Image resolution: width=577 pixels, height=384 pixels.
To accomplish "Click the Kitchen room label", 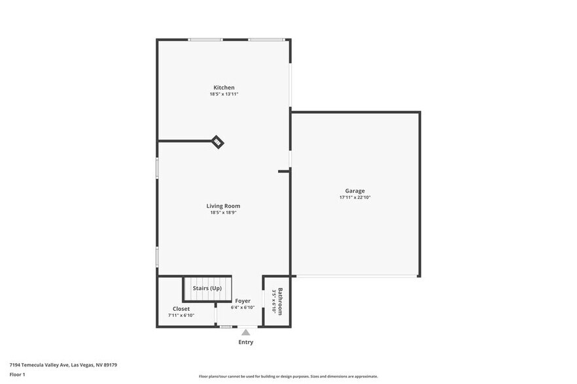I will [224, 88].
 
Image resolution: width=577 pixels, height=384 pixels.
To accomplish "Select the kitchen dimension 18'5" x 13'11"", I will [224, 94].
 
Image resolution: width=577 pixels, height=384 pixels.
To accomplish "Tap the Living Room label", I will [224, 206].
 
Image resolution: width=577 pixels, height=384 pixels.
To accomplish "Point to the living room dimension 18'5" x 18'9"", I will [224, 212].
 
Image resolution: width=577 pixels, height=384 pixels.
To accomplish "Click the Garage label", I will [355, 191].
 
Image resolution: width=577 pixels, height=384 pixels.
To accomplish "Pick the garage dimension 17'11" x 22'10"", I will [355, 197].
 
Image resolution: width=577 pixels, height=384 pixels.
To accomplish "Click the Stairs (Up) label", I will [207, 288].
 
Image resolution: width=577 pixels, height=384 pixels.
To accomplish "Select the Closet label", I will [181, 308].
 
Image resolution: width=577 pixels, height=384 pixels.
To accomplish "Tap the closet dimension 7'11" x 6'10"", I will [181, 315].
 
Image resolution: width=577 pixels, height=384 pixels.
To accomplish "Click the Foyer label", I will [243, 301].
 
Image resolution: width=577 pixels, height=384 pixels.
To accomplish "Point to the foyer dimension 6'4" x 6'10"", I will [243, 308].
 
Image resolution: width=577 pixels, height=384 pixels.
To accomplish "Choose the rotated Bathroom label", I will [281, 301].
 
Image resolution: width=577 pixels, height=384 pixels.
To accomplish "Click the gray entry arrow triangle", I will [245, 332].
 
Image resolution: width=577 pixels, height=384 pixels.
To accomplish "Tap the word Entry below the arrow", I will [245, 342].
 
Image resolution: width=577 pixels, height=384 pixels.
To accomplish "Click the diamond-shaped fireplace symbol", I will [218, 142].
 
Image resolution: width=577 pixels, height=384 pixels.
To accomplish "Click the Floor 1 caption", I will [17, 374].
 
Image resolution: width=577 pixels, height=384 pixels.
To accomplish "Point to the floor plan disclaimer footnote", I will [288, 376].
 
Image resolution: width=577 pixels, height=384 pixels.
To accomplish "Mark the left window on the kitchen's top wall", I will [205, 40].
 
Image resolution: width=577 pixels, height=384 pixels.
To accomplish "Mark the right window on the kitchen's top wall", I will [265, 40].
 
